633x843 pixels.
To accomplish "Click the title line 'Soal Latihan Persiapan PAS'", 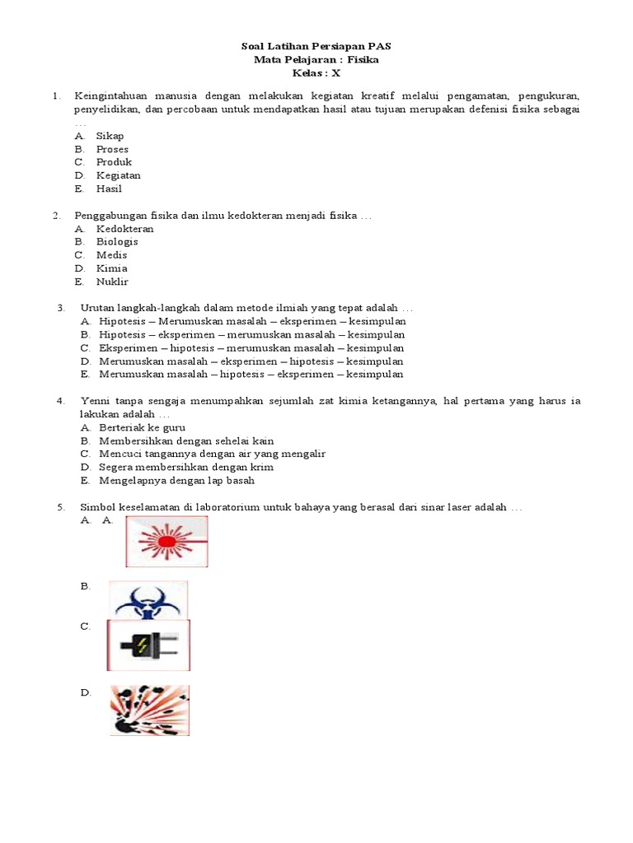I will coord(316,46).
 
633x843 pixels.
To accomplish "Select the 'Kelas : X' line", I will coord(316,72).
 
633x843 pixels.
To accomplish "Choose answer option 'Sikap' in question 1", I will coord(110,136).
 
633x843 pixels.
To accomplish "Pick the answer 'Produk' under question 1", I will coord(114,162).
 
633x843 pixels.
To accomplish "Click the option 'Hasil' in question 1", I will coord(109,189).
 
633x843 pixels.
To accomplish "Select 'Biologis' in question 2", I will coord(117,242).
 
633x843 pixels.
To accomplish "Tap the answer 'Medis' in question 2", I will coord(112,255).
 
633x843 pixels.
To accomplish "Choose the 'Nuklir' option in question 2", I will coord(112,282).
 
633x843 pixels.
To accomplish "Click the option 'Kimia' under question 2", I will coord(112,268).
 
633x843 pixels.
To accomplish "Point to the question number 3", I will coord(61,308).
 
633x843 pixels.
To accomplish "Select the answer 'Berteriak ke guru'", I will coord(142,428).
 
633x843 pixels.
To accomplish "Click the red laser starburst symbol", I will coord(166,542).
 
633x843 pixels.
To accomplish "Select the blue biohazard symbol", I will coord(148,600).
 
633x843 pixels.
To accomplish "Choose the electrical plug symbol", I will coord(148,645).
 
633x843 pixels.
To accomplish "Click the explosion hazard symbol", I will coord(149,710).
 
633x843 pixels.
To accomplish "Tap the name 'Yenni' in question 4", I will coord(96,401).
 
